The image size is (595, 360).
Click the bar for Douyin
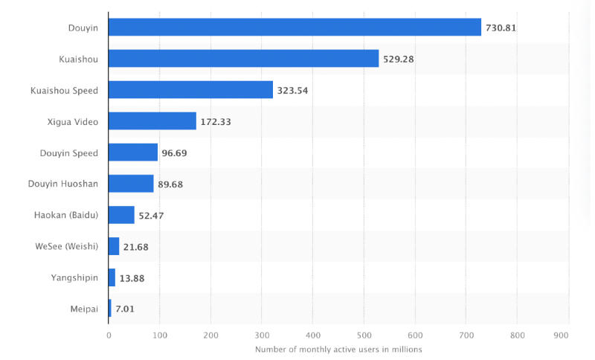click(295, 28)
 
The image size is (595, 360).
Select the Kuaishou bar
click(243, 59)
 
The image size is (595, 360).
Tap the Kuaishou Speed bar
click(190, 90)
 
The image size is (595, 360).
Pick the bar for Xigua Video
click(152, 121)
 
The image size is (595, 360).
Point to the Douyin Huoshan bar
click(131, 184)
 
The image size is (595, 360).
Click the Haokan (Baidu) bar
click(121, 215)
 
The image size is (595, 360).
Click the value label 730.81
click(501, 28)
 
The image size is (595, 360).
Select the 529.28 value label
click(399, 60)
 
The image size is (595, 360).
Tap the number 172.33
click(216, 122)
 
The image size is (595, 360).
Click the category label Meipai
click(83, 309)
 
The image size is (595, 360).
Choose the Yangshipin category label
click(74, 277)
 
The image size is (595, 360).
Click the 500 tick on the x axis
click(364, 335)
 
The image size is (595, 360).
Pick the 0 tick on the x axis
click(109, 335)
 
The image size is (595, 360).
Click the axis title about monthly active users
click(338, 350)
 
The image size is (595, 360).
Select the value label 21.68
click(135, 247)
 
